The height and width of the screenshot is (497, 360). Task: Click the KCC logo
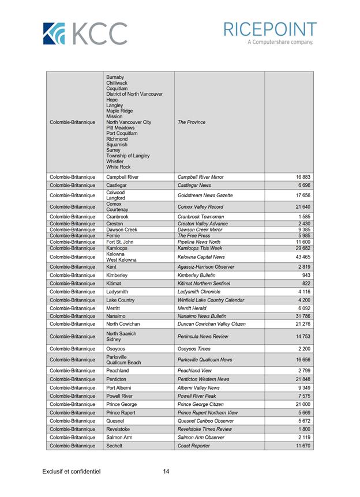85,33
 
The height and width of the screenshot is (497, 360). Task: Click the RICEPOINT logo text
270,30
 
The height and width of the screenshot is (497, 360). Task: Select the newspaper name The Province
192,122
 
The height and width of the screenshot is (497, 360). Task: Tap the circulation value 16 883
303,177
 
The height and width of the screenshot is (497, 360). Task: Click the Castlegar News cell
194,185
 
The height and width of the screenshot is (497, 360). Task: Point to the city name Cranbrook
118,217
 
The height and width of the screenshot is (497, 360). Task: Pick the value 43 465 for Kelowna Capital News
303,257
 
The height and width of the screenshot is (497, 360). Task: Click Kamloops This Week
200,248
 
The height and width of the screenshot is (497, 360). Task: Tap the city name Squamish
117,145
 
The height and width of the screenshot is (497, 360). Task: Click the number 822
306,284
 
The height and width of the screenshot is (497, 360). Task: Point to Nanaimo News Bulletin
202,316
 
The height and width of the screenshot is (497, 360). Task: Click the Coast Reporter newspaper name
194,446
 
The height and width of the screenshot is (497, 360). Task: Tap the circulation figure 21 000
303,405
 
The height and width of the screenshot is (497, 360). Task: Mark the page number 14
166,472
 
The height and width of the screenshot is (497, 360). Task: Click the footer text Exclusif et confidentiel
72,472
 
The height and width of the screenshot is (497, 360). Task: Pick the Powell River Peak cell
197,396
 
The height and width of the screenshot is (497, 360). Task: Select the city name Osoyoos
116,349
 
